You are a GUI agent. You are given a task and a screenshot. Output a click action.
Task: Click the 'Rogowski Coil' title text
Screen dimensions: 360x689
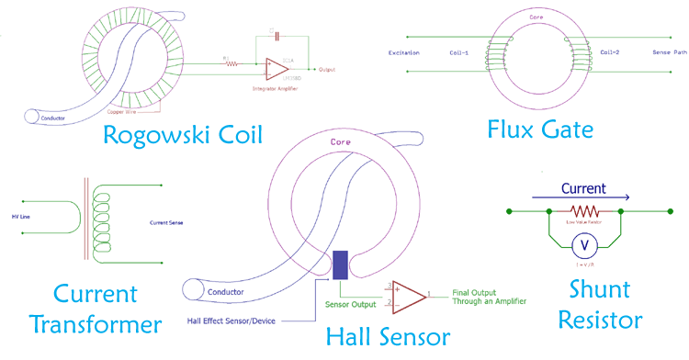pyautogui.click(x=182, y=136)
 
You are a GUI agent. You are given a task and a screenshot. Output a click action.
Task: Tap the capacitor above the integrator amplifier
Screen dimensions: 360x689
pyautogui.click(x=271, y=36)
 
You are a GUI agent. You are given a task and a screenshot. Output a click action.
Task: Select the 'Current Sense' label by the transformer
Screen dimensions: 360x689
pyautogui.click(x=168, y=222)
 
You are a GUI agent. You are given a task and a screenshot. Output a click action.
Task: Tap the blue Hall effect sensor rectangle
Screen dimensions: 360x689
pyautogui.click(x=340, y=264)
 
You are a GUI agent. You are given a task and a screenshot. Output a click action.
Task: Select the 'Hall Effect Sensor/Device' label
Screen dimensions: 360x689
pyautogui.click(x=232, y=320)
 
